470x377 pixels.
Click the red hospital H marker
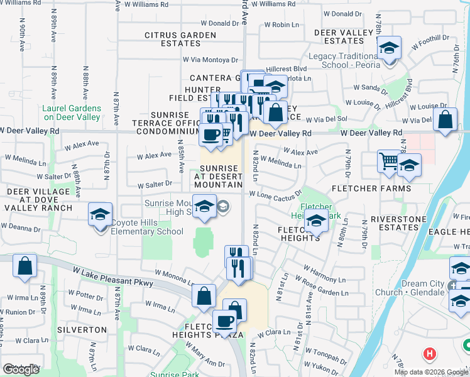click(x=431, y=354)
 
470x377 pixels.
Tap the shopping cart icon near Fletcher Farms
click(x=388, y=161)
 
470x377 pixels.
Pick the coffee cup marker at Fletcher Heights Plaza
click(x=224, y=322)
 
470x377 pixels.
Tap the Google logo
click(x=21, y=369)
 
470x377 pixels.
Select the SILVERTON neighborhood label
click(x=82, y=329)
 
